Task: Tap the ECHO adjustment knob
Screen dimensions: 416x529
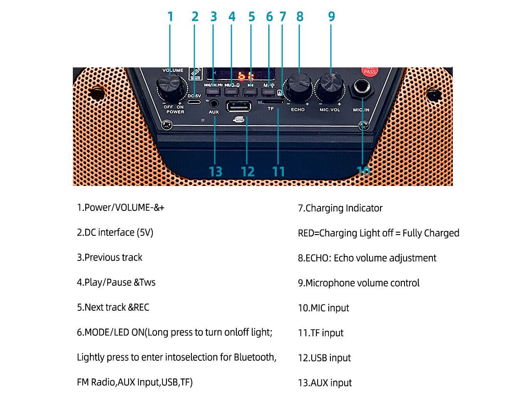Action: [300, 86]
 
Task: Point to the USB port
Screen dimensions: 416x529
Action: [239, 107]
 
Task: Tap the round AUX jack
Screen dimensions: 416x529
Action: [214, 103]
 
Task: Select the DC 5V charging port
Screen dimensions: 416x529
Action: [194, 102]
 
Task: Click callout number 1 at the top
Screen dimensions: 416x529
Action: [170, 17]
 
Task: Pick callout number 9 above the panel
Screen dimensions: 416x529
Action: [331, 17]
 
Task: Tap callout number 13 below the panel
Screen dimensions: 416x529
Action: [215, 172]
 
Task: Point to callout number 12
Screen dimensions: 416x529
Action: [247, 172]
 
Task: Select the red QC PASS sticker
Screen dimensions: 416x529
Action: [369, 71]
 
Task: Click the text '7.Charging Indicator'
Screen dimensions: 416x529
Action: [340, 208]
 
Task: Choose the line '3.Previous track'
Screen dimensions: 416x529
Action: [109, 258]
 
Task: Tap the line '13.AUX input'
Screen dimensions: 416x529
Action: [325, 383]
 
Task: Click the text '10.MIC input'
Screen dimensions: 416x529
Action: [323, 308]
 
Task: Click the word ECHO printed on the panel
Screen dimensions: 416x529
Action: [298, 110]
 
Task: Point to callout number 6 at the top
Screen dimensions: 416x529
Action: [269, 17]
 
